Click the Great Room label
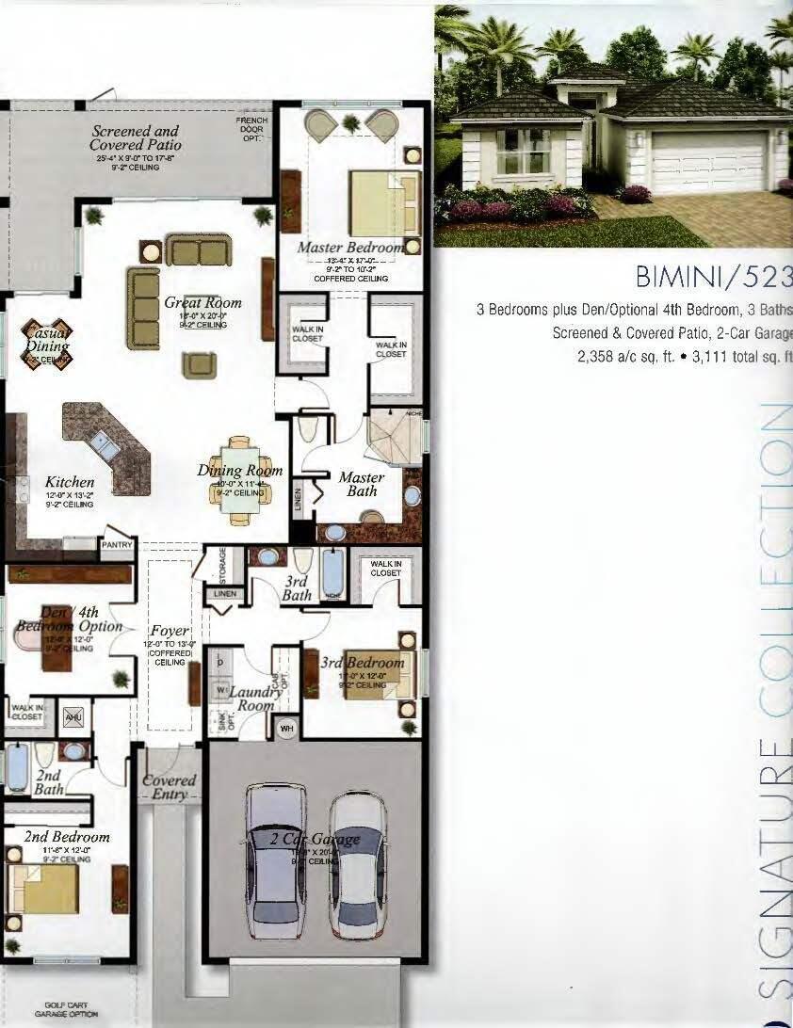[x=202, y=303]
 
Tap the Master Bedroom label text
[x=350, y=248]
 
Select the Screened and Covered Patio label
[x=136, y=138]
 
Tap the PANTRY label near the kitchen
[x=118, y=545]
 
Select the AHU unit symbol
[x=73, y=717]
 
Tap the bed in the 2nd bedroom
[x=44, y=889]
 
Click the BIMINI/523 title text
[x=714, y=277]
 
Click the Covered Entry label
[x=170, y=788]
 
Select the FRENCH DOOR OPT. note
[x=251, y=129]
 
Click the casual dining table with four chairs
[x=46, y=346]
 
